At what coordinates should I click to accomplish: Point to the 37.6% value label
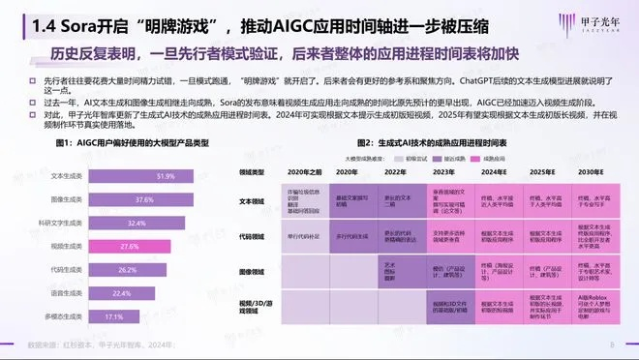[143, 200]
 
